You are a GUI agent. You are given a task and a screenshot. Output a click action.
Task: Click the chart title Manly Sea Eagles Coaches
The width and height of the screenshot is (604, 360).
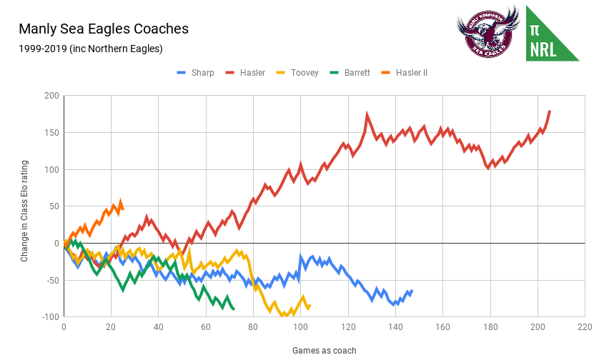click(104, 29)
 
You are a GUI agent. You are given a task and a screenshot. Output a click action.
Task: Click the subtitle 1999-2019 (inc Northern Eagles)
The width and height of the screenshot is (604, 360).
click(90, 49)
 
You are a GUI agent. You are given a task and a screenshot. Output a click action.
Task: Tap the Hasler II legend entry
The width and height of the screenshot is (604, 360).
click(411, 72)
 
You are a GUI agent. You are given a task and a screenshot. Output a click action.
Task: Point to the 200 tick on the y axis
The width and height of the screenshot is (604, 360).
click(50, 96)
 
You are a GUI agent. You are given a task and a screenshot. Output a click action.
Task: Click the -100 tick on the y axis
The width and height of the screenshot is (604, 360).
click(49, 317)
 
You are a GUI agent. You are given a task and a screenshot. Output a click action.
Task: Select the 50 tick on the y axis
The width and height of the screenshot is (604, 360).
click(53, 206)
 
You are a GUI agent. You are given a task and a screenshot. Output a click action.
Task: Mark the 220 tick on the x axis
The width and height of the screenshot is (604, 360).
click(585, 327)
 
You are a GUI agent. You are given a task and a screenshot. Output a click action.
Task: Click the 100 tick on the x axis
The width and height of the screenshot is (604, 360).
click(300, 327)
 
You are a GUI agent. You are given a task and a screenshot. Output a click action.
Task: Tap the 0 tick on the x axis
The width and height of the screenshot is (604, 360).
click(64, 327)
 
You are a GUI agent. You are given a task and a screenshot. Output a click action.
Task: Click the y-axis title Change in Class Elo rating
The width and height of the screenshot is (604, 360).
click(24, 206)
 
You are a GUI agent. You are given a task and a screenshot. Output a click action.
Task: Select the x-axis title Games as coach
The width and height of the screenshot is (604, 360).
click(324, 350)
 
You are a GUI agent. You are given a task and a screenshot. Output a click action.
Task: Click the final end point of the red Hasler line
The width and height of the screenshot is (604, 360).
click(550, 111)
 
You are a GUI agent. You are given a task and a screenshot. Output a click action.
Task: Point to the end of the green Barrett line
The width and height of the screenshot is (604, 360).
click(234, 309)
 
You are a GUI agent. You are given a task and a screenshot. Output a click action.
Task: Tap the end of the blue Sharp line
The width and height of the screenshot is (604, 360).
click(412, 291)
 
